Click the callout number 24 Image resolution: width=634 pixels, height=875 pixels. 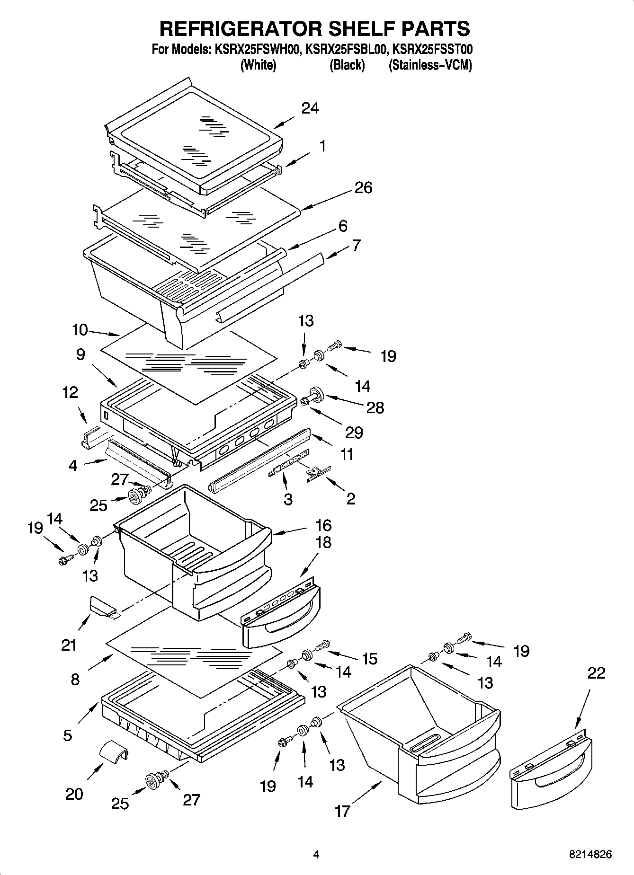point(311,108)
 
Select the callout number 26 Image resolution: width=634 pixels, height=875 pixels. point(364,188)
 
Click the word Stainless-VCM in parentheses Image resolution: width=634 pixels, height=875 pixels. point(430,65)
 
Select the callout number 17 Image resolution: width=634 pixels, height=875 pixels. point(342,812)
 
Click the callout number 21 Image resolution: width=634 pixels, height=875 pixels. point(69,645)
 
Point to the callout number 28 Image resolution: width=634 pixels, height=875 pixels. point(375,407)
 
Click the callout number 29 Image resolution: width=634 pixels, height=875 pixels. point(354,432)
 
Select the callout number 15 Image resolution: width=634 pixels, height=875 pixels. point(370,658)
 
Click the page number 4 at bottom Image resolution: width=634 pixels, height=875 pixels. point(316,855)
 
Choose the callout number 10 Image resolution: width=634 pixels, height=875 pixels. point(80,330)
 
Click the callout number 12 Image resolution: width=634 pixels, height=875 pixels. point(70,392)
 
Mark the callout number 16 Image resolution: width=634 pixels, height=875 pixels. point(323,525)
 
